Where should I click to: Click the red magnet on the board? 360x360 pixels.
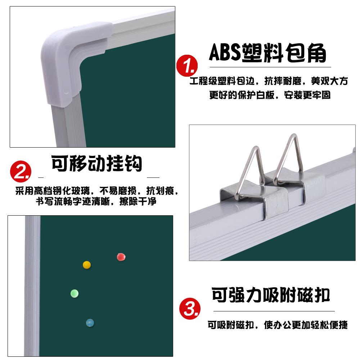pyautogui.click(x=121, y=257)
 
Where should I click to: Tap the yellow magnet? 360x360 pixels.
pyautogui.click(x=87, y=265)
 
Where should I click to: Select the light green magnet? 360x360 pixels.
pyautogui.click(x=75, y=293)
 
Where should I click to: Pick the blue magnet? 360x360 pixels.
pyautogui.click(x=90, y=323)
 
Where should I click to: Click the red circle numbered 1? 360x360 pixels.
pyautogui.click(x=187, y=66)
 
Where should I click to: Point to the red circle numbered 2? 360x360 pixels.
pyautogui.click(x=21, y=171)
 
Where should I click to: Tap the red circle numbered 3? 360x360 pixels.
pyautogui.click(x=190, y=309)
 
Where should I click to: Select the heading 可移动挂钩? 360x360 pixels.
pyautogui.click(x=96, y=163)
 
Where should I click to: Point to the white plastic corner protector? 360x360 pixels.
pyautogui.click(x=69, y=62)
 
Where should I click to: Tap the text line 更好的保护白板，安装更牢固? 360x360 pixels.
pyautogui.click(x=270, y=95)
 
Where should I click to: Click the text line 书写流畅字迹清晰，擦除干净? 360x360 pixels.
pyautogui.click(x=96, y=201)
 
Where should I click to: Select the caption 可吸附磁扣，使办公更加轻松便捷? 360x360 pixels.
pyautogui.click(x=278, y=325)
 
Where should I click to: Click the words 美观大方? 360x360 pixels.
pyautogui.click(x=329, y=81)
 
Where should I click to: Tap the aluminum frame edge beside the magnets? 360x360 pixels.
pyautogui.click(x=32, y=286)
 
